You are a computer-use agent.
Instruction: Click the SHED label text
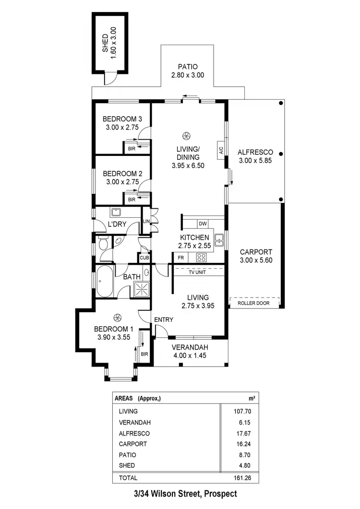106,43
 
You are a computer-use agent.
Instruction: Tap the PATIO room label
187,67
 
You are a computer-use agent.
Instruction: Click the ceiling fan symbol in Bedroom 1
117,317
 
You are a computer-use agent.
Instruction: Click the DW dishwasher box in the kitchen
202,224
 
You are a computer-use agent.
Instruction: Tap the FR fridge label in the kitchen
181,258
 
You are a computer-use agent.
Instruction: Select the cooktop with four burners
202,258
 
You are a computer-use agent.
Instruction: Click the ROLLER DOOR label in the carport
254,303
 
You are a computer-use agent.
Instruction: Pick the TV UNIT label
198,270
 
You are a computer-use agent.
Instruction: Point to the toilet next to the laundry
102,244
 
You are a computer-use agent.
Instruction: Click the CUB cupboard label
144,258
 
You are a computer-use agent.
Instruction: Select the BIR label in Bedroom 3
131,149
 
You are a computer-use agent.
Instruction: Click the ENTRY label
164,320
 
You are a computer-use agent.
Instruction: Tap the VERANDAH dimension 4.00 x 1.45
191,355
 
